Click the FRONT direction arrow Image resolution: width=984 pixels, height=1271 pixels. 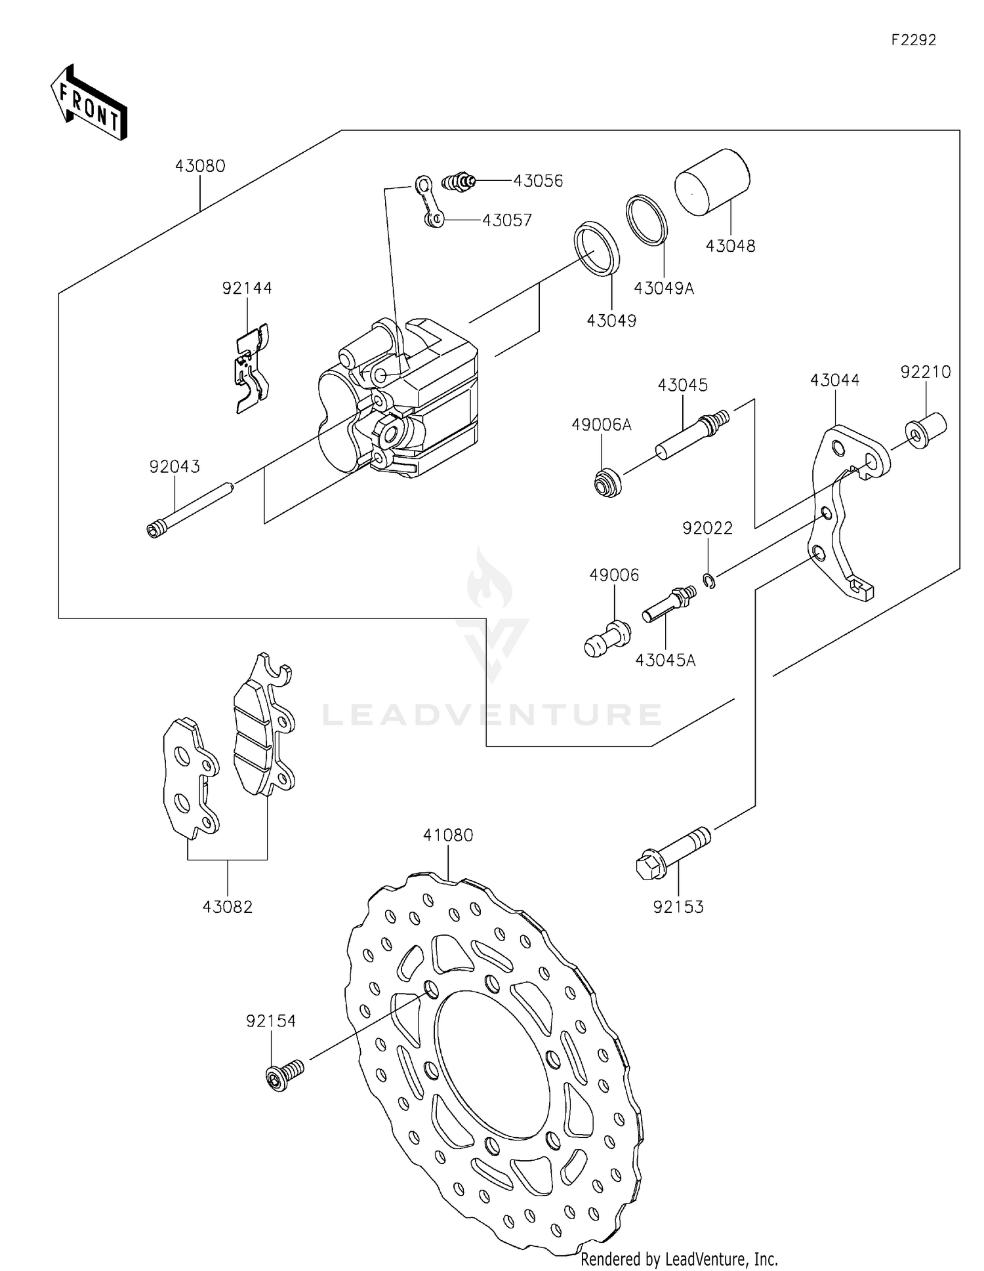[89, 103]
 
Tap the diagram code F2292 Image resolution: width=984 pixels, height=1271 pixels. [913, 40]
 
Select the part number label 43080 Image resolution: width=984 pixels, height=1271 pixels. [200, 166]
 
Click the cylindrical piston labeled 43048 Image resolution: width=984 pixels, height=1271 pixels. [712, 182]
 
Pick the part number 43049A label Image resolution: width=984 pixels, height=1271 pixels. [663, 289]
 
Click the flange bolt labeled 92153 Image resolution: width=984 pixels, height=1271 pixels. [673, 853]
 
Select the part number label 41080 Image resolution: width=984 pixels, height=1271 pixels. [448, 836]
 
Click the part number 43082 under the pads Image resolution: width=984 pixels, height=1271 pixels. [227, 907]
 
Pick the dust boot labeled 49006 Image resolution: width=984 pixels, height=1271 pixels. [606, 639]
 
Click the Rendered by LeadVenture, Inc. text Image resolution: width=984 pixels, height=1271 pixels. [679, 1259]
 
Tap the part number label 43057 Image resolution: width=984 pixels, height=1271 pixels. [506, 220]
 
